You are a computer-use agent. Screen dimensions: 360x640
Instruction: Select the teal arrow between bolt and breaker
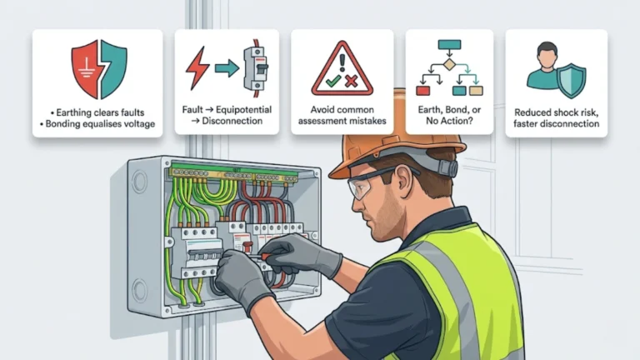point(226,69)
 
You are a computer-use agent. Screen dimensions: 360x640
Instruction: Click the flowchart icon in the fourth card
point(449,67)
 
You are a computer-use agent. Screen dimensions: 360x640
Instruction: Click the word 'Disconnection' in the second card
point(228,121)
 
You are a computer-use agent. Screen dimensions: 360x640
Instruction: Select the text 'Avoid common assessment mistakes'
point(342,114)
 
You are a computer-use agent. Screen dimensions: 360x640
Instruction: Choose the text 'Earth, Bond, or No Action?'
point(449,114)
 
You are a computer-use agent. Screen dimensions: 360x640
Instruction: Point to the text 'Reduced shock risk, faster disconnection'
point(556,117)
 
